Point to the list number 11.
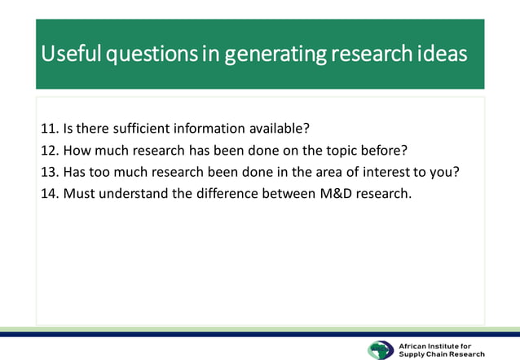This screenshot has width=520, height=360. pyautogui.click(x=49, y=129)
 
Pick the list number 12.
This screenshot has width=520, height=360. pyautogui.click(x=49, y=151)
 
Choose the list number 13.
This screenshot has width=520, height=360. pyautogui.click(x=49, y=173)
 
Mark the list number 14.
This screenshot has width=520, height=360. pyautogui.click(x=49, y=195)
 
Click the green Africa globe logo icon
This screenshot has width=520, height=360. pyautogui.click(x=381, y=349)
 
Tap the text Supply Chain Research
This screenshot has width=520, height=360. pyautogui.click(x=442, y=354)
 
